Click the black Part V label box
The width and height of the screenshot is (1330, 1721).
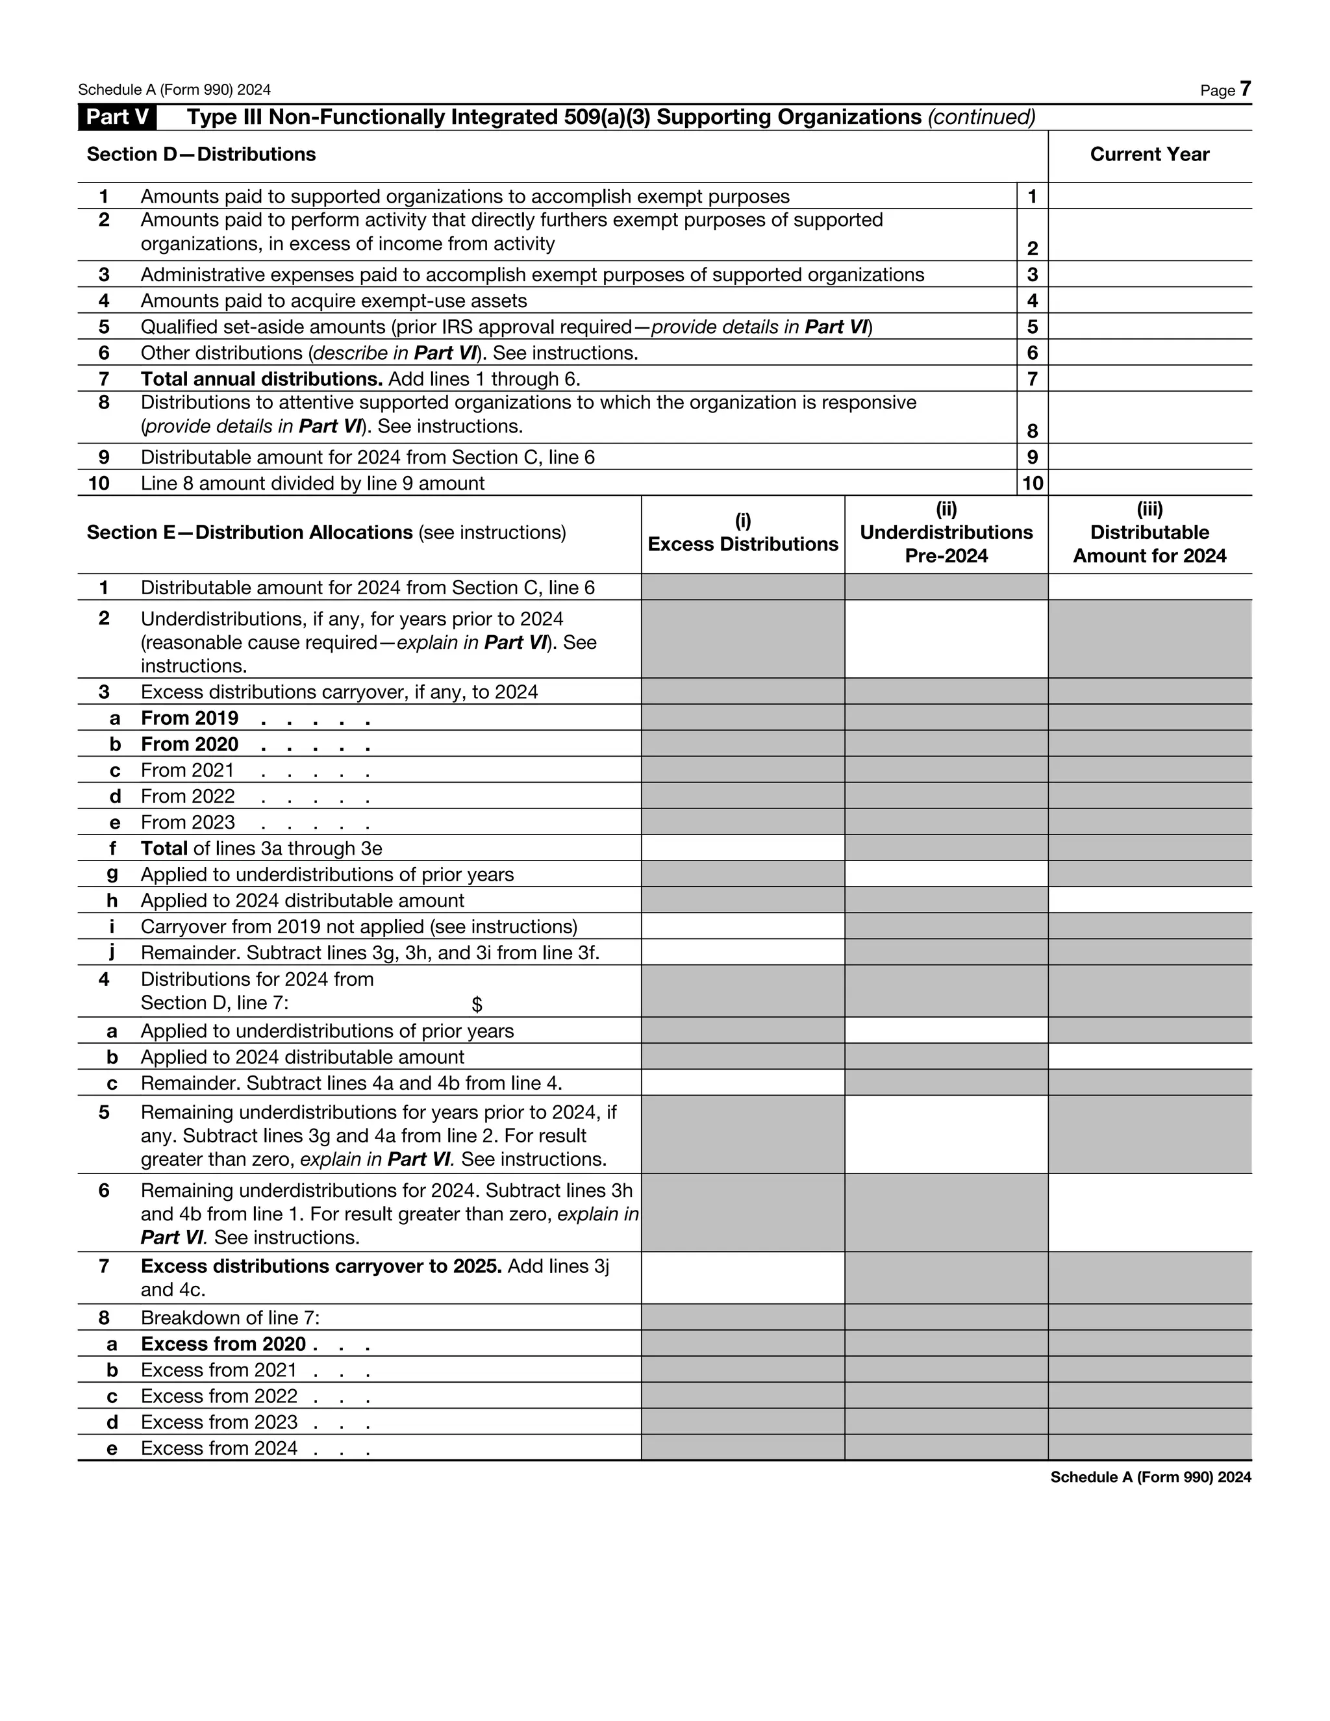[x=117, y=118]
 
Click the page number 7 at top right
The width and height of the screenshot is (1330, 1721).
[x=1245, y=88]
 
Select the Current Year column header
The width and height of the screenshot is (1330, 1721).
[x=1149, y=155]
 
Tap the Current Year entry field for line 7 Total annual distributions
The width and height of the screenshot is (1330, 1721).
[x=1149, y=379]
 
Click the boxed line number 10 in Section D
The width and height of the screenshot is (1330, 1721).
[x=1031, y=483]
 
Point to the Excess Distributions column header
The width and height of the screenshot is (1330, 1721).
[x=742, y=533]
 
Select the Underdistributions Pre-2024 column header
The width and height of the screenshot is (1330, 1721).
[x=946, y=533]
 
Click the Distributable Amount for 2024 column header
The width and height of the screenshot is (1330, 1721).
[x=1149, y=533]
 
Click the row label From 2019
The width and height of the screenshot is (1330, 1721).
[x=189, y=718]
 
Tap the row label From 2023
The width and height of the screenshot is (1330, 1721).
[x=188, y=823]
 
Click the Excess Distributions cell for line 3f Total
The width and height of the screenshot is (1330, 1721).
[x=742, y=848]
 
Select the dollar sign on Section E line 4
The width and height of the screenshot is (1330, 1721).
[x=477, y=1005]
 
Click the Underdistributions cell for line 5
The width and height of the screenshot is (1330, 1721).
[x=946, y=1134]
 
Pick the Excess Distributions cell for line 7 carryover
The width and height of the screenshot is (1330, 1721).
[x=742, y=1277]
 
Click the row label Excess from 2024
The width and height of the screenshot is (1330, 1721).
[x=219, y=1448]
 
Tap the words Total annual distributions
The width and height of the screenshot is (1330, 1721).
[x=261, y=379]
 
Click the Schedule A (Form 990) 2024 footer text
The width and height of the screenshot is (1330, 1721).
[x=1149, y=1477]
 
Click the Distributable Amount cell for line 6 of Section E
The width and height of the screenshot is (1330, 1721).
[x=1149, y=1212]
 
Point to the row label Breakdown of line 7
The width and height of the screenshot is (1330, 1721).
[x=230, y=1318]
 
